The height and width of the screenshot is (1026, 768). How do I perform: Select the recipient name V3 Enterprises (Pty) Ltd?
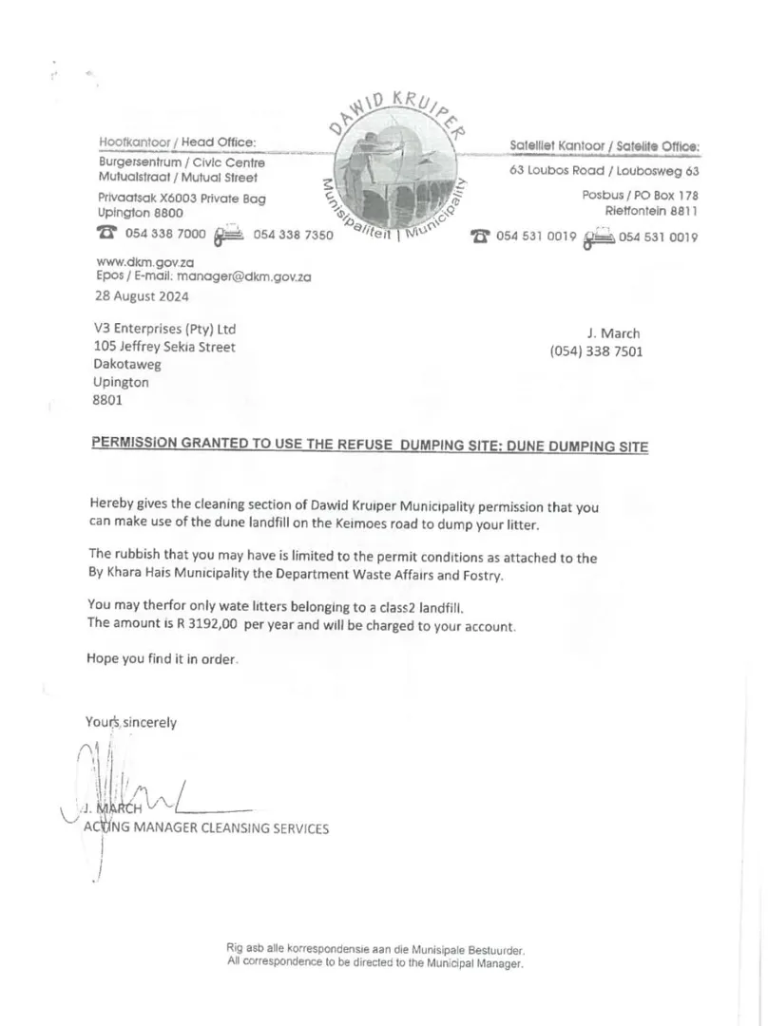164,329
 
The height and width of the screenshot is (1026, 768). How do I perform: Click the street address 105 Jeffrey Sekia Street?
164,347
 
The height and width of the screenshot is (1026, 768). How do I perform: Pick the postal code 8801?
107,400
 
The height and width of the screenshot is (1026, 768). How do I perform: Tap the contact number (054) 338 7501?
596,351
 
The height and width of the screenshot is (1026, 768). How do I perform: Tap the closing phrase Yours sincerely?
130,722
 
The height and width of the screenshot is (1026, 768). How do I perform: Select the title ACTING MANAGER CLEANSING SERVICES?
207,828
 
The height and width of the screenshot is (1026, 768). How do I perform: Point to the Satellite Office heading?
605,146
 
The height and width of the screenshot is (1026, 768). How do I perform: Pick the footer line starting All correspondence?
375,962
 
